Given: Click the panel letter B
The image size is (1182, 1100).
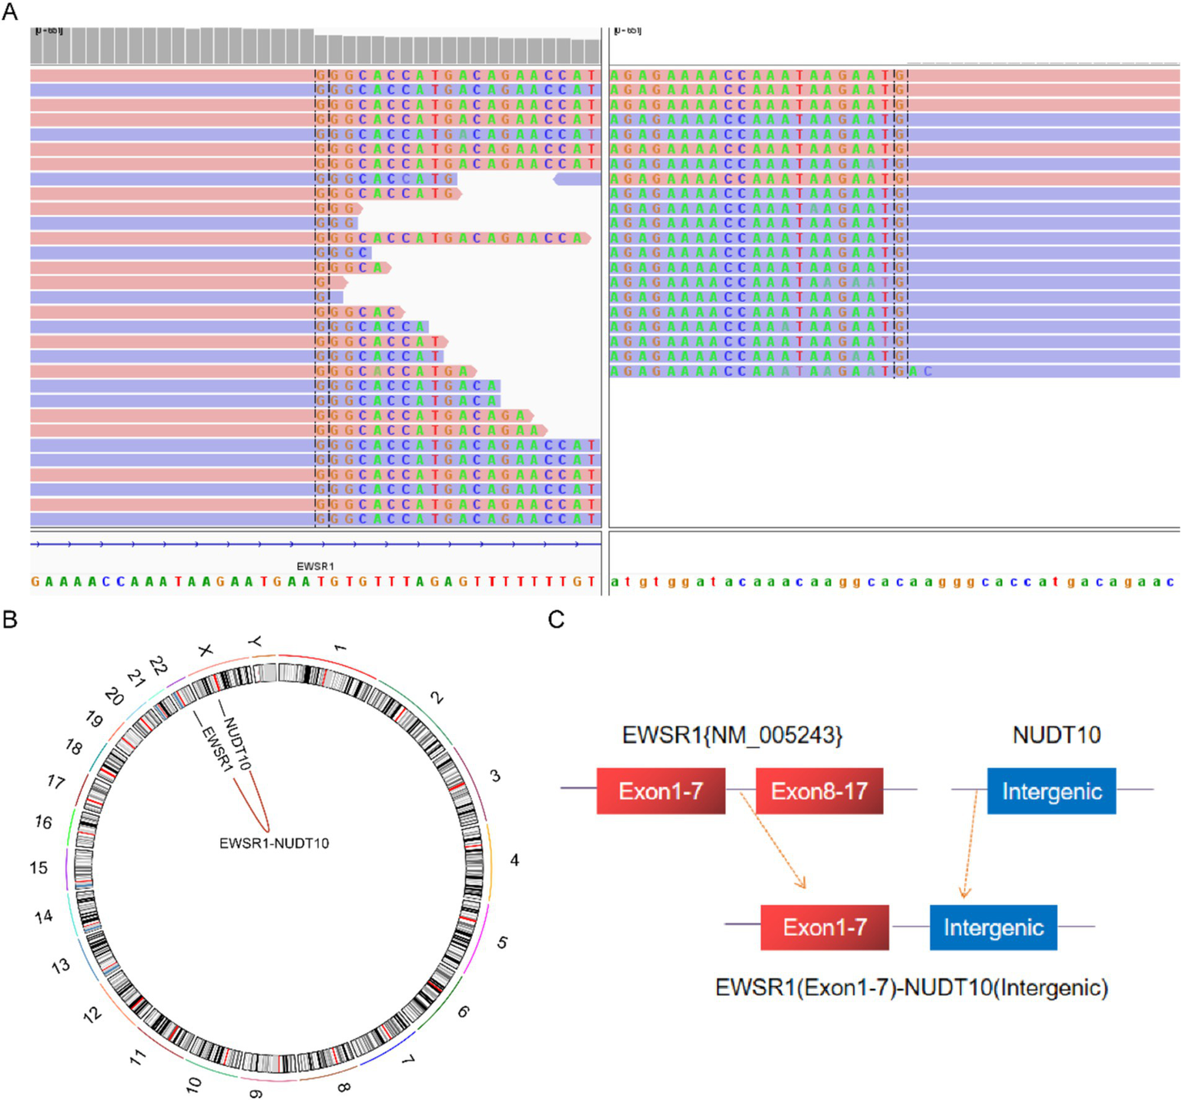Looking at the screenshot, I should (x=10, y=619).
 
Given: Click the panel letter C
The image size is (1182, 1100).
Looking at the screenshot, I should (x=556, y=619).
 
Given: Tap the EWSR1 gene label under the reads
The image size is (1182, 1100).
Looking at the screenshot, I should (x=315, y=566).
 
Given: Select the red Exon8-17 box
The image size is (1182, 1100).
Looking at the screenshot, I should (x=819, y=791).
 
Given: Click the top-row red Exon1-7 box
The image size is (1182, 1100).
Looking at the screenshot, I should (x=661, y=791).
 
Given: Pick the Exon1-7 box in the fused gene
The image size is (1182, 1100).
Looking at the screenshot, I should (x=824, y=927).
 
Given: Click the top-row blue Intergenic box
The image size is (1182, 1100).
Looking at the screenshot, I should (x=1051, y=791).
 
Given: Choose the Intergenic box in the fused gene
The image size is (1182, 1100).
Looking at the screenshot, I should (x=993, y=927).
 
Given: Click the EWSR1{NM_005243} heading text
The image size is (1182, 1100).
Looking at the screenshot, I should (x=732, y=735).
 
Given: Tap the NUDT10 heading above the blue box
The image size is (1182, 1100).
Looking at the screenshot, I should (x=1056, y=735).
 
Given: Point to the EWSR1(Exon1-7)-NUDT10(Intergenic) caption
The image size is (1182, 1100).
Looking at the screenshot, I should (x=911, y=988).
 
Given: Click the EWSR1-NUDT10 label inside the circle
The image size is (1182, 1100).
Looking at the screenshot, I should (x=274, y=843).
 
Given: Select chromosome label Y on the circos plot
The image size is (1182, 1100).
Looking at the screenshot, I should (x=255, y=641).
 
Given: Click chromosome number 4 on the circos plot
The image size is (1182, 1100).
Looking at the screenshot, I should (x=514, y=860).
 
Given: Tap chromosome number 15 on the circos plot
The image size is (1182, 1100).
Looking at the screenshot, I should (x=39, y=867).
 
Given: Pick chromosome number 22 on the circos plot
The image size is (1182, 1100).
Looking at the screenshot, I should (x=159, y=665).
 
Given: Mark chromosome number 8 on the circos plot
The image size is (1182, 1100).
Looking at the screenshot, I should (x=344, y=1087).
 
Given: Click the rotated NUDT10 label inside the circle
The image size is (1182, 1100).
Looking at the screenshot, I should (x=236, y=743).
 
